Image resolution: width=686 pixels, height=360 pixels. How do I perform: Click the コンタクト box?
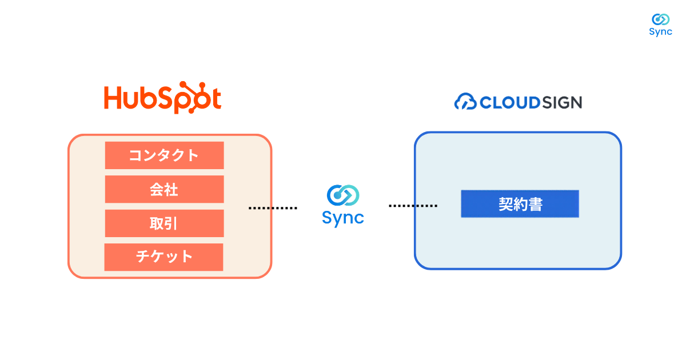(x=165, y=155)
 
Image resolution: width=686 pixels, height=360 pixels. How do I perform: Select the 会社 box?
(x=165, y=189)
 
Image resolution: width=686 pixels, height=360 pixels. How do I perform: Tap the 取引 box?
(x=165, y=223)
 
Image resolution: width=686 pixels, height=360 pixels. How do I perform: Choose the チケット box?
(x=164, y=257)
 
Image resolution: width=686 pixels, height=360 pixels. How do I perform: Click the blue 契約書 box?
(x=520, y=204)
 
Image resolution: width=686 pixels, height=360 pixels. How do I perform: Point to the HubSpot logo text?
(x=162, y=98)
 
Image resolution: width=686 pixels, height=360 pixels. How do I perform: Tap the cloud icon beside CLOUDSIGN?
(x=465, y=101)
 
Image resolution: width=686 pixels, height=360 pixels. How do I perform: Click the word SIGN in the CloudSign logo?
(x=563, y=102)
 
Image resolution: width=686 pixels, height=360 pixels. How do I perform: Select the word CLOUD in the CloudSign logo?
(x=509, y=102)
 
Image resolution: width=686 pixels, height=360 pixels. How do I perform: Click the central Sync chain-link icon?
(x=343, y=195)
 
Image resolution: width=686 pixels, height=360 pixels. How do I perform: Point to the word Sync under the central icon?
(x=343, y=218)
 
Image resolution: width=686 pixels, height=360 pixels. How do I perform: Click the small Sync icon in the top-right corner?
(x=661, y=19)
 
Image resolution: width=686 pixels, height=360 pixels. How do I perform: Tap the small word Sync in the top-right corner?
(x=661, y=32)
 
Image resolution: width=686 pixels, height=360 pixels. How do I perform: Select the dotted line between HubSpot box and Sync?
(x=273, y=208)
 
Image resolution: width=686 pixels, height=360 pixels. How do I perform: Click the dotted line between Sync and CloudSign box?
(x=413, y=206)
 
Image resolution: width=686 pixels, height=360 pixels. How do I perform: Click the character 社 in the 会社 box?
(x=171, y=190)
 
